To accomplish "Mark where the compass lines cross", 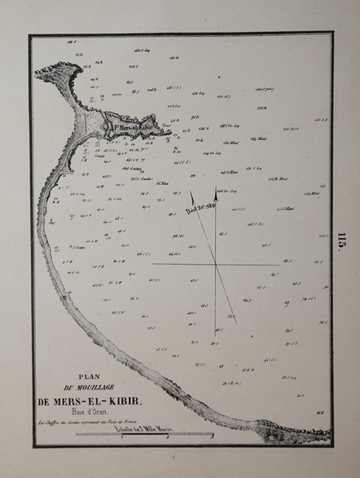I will (215, 263).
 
